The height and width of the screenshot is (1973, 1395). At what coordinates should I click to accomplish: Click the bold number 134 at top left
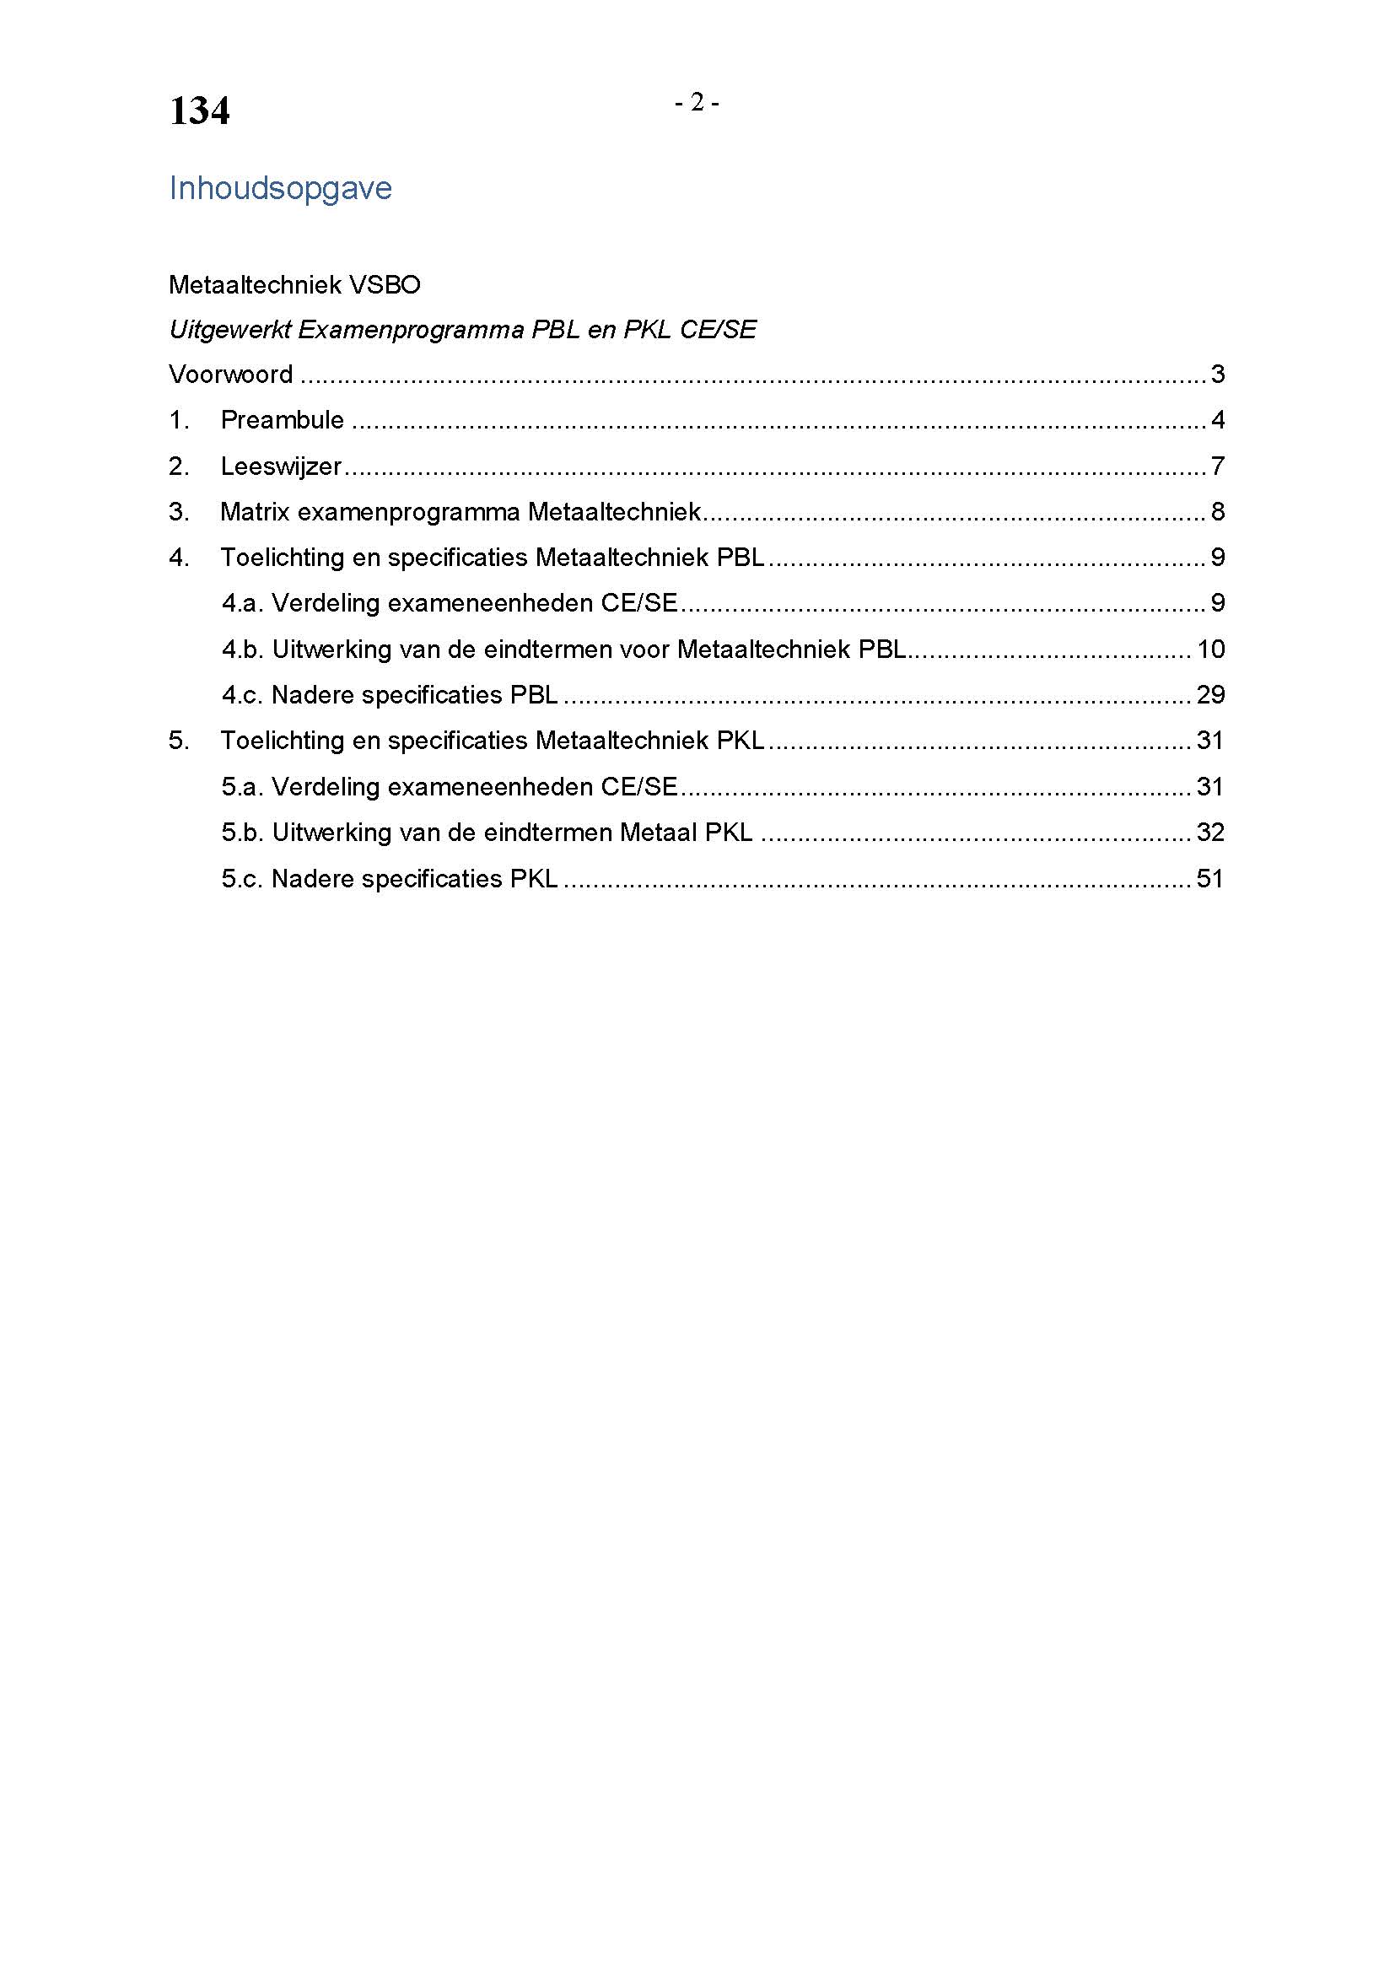tap(199, 111)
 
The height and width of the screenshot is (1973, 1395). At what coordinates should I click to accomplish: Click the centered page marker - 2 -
tap(697, 103)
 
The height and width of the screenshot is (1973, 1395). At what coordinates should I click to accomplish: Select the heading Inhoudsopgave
tap(280, 188)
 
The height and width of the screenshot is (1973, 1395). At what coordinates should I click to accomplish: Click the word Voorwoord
tap(230, 375)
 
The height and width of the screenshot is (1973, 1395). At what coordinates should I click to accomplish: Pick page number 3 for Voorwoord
tap(1217, 375)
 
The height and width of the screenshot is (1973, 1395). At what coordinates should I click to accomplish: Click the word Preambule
tap(282, 420)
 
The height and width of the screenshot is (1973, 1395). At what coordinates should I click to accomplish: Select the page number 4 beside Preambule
tap(1217, 420)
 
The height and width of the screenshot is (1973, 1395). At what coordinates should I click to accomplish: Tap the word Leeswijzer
tap(281, 466)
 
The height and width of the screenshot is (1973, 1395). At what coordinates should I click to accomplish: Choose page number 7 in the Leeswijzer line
tap(1217, 466)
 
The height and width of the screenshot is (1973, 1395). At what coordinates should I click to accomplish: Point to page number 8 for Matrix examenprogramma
tap(1217, 512)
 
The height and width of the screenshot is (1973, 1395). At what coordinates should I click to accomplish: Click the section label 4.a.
tap(242, 603)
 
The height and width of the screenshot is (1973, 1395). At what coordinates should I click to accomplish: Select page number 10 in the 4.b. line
tap(1210, 650)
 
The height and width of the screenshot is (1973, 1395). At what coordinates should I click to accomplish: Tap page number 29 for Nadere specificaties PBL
tap(1210, 695)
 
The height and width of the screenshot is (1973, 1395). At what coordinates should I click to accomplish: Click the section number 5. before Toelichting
tap(179, 741)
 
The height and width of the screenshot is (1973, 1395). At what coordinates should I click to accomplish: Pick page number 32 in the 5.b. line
tap(1210, 833)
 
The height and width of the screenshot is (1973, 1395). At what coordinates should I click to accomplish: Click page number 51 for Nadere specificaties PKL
tap(1210, 879)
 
